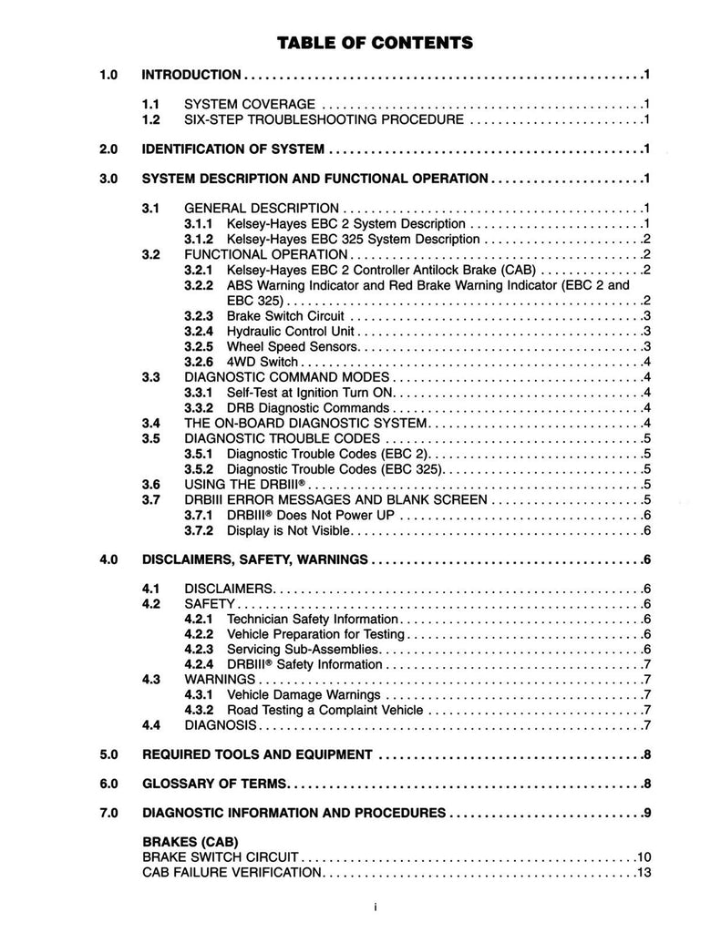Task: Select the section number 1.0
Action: click(x=110, y=74)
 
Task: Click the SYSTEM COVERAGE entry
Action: click(x=250, y=104)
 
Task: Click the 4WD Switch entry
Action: click(x=262, y=362)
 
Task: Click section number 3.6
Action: click(x=152, y=484)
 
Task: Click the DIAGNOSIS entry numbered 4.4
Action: click(x=222, y=725)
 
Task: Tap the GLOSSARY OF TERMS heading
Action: click(x=215, y=784)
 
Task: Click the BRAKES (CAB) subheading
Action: click(x=191, y=843)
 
